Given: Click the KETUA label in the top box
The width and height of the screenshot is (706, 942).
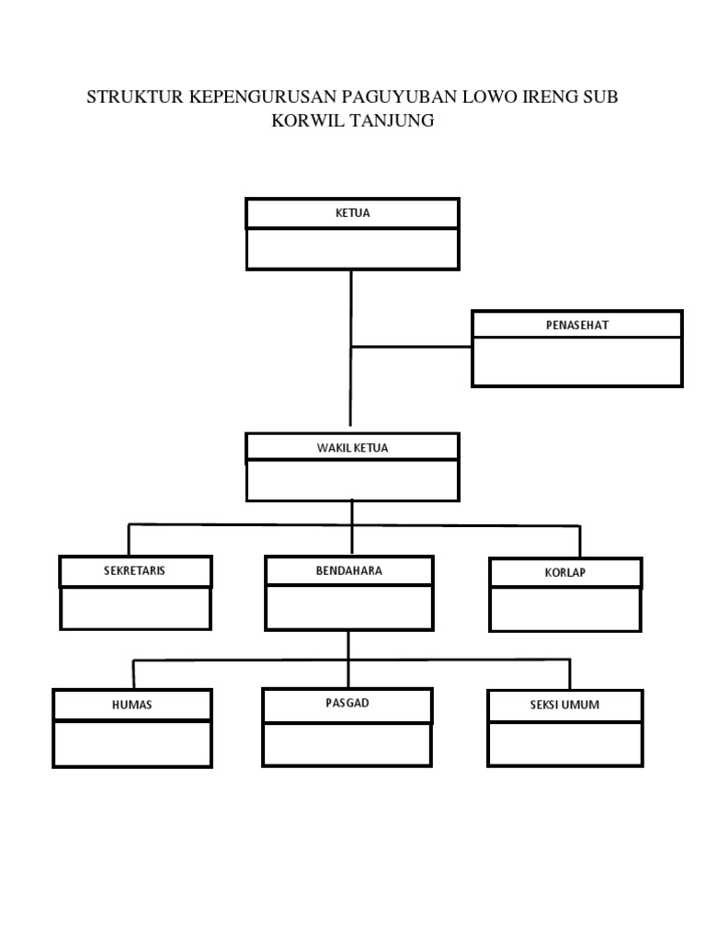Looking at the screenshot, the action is [x=352, y=213].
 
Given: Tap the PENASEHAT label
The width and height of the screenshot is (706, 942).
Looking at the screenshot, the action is [x=577, y=325].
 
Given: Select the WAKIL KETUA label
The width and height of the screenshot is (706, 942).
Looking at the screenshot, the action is [x=352, y=448].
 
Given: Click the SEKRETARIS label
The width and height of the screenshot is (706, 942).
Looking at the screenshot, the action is [x=134, y=570].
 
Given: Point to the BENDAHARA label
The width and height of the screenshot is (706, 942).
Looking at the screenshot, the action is [x=348, y=570].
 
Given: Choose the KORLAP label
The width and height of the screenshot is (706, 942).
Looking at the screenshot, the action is [x=565, y=572].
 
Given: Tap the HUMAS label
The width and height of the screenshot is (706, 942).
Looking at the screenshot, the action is [x=132, y=705].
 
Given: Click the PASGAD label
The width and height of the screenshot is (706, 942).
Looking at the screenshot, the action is [x=347, y=703].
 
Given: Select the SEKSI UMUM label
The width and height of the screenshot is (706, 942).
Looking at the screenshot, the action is [x=564, y=705].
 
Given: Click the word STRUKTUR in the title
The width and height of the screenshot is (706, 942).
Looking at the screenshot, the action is [x=135, y=97].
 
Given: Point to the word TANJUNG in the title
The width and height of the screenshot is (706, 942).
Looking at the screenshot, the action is [x=393, y=121].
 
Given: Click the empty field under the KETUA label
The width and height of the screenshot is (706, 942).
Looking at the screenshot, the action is [x=352, y=248].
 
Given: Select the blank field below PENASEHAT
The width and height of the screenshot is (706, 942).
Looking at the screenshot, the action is [x=577, y=362].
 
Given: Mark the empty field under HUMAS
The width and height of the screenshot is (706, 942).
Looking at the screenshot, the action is [x=132, y=743].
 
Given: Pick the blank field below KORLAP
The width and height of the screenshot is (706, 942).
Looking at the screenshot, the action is [x=565, y=609].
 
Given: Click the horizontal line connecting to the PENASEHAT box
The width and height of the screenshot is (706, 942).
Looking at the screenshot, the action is [x=411, y=347].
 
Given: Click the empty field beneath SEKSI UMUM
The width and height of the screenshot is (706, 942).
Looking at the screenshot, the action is [x=565, y=743].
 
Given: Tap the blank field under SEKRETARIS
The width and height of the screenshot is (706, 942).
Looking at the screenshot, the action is [x=136, y=608].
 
